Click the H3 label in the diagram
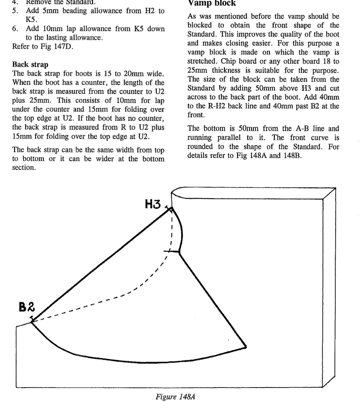[153, 204]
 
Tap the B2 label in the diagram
[27, 307]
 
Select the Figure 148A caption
[175, 396]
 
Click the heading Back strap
[30, 65]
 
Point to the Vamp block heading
[212, 3]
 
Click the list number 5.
[14, 11]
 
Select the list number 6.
[14, 29]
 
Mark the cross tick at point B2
[32, 321]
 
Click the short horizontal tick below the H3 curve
[174, 252]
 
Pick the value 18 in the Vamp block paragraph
[327, 61]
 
